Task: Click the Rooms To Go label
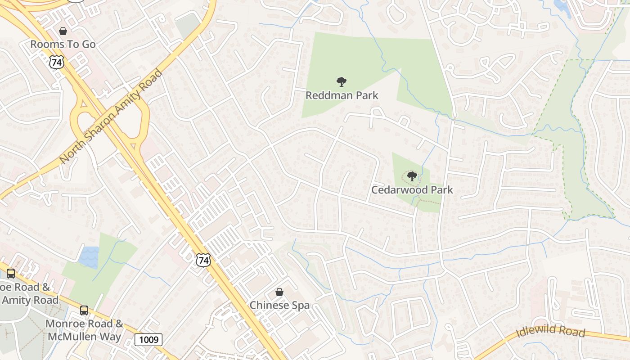coord(63,44)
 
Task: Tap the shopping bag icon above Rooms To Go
coord(63,31)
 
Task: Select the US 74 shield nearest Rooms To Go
coord(57,62)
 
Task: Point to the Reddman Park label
coord(342,95)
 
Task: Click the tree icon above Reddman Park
coord(342,82)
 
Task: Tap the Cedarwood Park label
coord(412,190)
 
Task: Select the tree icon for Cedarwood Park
coord(412,176)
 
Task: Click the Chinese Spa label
coord(279,305)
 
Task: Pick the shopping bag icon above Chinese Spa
coord(279,292)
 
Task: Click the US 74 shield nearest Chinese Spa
coord(203,260)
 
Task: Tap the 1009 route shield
coord(148,339)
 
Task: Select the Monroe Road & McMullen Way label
coord(84,330)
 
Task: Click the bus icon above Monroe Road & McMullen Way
coord(84,310)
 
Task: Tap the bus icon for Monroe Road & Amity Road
coord(11,273)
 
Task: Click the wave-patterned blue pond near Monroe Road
coord(89,257)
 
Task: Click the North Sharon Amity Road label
coord(110,116)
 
